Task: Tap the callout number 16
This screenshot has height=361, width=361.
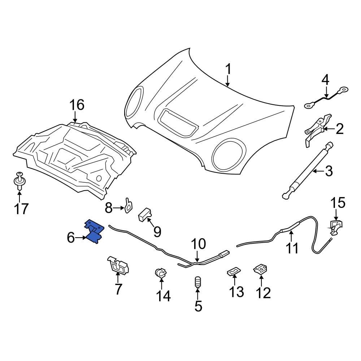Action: click(77, 105)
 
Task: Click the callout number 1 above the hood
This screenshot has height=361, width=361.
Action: click(228, 69)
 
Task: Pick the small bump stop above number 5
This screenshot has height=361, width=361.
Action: click(197, 282)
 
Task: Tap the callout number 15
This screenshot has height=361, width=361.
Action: click(339, 203)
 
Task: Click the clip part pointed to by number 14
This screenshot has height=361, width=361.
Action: click(160, 274)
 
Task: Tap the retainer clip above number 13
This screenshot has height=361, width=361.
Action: click(234, 270)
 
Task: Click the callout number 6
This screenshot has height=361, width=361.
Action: click(70, 238)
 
